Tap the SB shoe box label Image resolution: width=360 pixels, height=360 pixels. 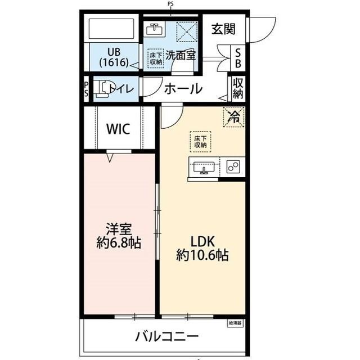click(x=238, y=57)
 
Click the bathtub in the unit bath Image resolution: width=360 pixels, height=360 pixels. click(x=112, y=30)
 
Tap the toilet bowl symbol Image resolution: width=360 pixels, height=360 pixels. click(x=101, y=89)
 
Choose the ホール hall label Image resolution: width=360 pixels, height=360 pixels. click(x=183, y=88)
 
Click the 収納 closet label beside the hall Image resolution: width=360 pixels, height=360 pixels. click(x=238, y=89)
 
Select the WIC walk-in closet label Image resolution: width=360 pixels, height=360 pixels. click(x=118, y=128)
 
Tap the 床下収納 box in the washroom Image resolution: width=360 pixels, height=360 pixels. click(x=156, y=58)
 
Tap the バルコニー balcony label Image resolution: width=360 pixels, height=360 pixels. click(x=166, y=337)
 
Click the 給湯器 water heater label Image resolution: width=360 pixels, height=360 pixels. click(x=236, y=323)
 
